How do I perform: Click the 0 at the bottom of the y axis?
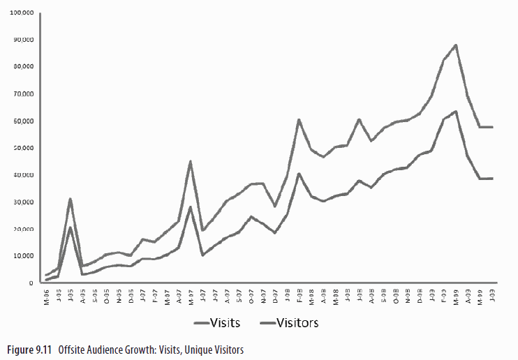click(31, 283)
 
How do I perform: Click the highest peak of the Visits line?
click(455, 45)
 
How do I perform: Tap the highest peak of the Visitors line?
click(455, 111)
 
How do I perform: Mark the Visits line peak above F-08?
click(299, 120)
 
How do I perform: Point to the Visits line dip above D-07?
click(275, 207)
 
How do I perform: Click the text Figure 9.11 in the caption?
click(29, 349)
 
